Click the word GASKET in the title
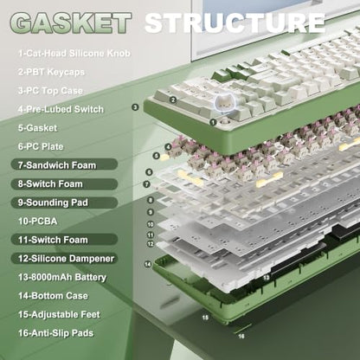[70, 23]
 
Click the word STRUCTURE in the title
[235, 23]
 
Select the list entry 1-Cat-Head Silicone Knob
[74, 54]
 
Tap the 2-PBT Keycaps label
[51, 72]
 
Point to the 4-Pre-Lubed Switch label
[61, 109]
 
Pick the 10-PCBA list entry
[37, 222]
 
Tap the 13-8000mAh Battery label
[62, 277]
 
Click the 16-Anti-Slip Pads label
[55, 333]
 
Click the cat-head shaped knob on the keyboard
[224, 103]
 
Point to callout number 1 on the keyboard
[213, 122]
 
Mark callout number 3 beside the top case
[135, 107]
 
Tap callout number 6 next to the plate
[149, 172]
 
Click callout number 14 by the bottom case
[148, 264]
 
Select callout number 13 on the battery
[267, 278]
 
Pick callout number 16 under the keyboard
[241, 336]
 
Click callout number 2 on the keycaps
[173, 100]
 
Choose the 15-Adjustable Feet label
[59, 314]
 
